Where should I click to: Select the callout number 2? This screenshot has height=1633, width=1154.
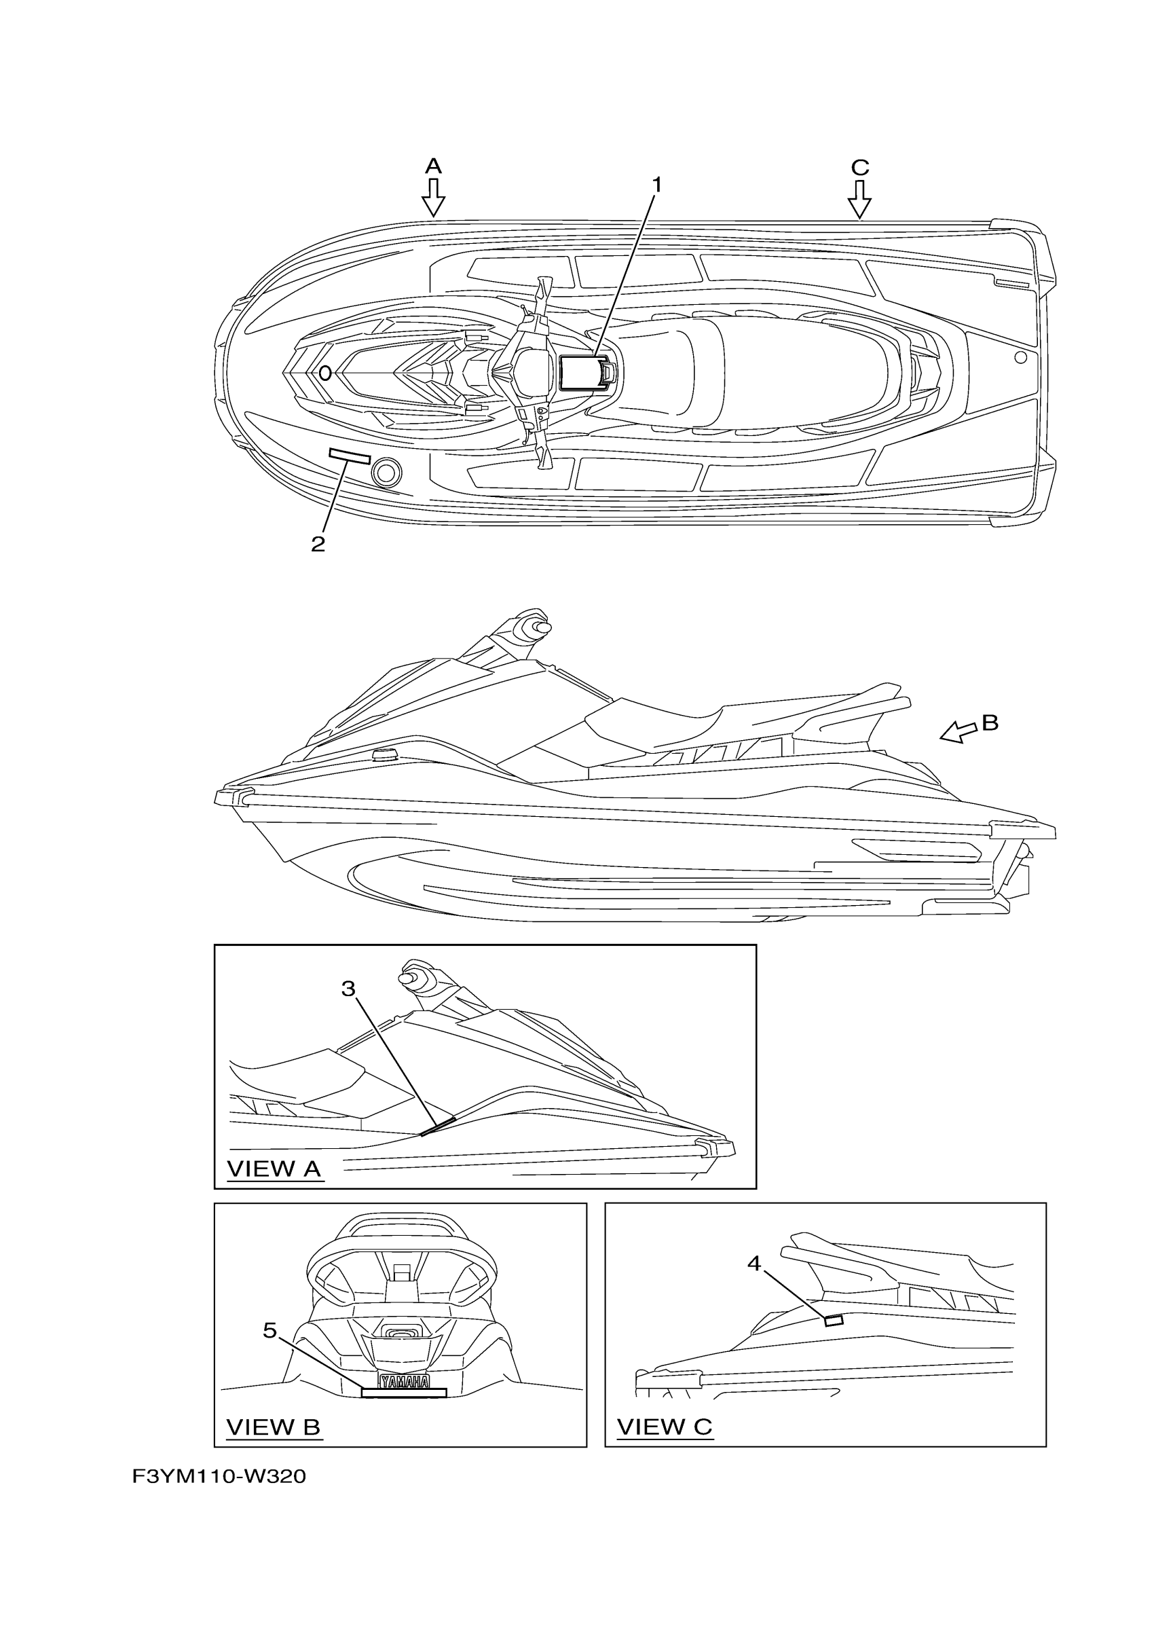pos(318,545)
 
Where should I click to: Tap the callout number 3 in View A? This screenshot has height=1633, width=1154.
pos(348,989)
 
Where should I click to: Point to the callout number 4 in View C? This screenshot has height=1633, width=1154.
pos(753,1264)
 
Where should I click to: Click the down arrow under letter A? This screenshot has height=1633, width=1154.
pos(433,198)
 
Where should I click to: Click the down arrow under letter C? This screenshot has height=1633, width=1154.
pos(859,199)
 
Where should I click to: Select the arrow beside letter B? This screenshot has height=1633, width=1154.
pos(958,731)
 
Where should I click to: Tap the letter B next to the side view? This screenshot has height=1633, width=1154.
pos(990,722)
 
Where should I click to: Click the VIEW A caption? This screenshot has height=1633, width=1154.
pos(274,1169)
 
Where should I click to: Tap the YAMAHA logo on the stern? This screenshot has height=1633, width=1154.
pos(404,1381)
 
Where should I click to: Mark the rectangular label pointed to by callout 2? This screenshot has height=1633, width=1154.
pos(349,456)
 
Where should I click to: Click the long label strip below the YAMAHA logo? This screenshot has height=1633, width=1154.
pos(404,1393)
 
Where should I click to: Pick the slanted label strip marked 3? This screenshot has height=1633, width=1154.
pos(438,1126)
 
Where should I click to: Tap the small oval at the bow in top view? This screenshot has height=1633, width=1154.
pos(325,373)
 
